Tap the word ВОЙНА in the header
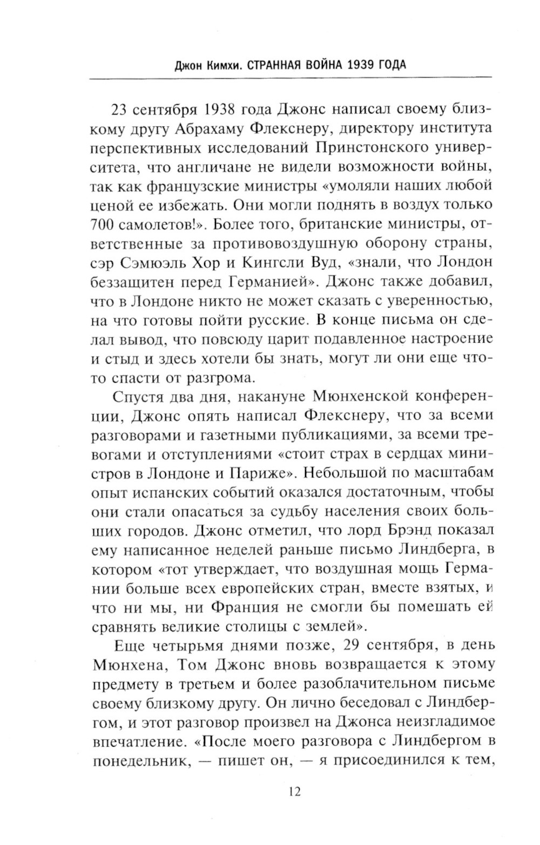(x=312, y=65)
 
